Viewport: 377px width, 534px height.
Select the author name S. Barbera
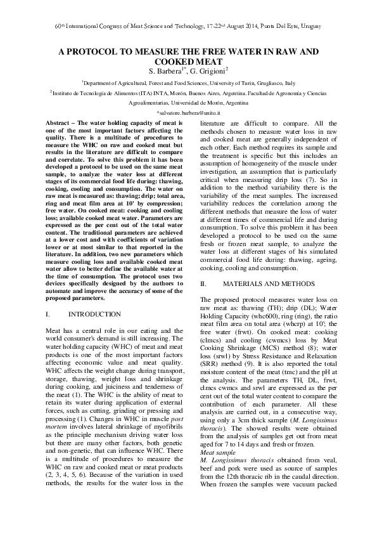164,70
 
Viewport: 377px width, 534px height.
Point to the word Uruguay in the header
309,25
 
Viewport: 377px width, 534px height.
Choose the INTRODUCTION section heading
94,314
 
